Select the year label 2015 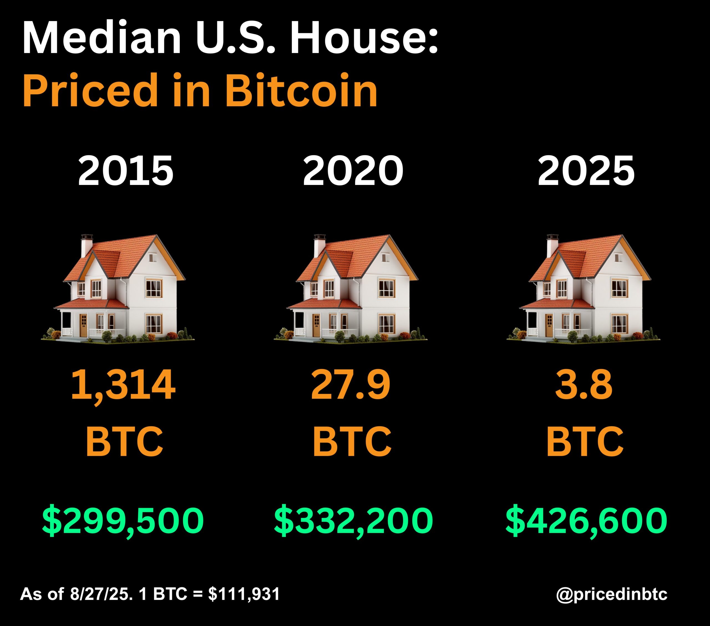click(x=125, y=171)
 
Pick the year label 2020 click(x=353, y=171)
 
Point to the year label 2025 click(x=586, y=171)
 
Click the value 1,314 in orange click(x=123, y=385)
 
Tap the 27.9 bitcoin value click(x=351, y=385)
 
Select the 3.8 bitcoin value click(x=584, y=385)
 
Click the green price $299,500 click(x=123, y=520)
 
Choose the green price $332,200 click(x=353, y=520)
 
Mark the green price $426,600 click(x=586, y=520)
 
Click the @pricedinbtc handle click(x=611, y=594)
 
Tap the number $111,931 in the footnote click(x=244, y=594)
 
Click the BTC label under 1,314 click(x=124, y=441)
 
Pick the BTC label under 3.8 click(x=585, y=441)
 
